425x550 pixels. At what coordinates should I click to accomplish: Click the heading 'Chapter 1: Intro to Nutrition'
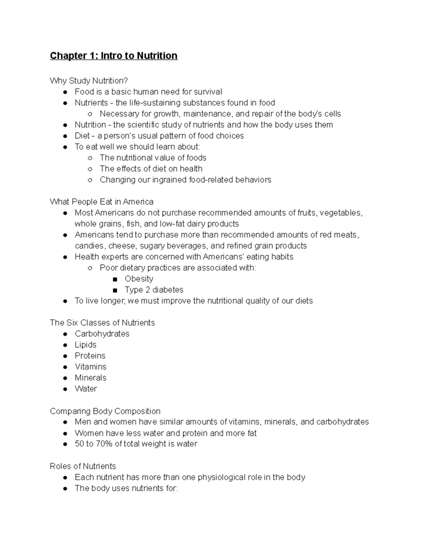click(114, 56)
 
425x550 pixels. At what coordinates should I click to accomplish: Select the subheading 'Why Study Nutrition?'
click(89, 81)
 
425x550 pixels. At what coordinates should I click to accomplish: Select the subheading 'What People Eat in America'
click(102, 202)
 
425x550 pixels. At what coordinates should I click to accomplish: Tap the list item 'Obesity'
click(139, 279)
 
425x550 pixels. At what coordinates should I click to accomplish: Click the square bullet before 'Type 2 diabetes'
click(115, 290)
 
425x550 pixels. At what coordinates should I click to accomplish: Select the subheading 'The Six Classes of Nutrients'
click(102, 323)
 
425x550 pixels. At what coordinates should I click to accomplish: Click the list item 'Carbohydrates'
click(102, 334)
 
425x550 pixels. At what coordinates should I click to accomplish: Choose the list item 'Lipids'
click(85, 345)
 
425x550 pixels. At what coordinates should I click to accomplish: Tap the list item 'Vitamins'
click(90, 367)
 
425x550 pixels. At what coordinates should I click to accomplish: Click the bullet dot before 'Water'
click(65, 389)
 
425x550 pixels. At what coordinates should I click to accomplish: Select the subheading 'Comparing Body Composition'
click(105, 411)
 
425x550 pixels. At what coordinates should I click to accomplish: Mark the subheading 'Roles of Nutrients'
click(83, 466)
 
